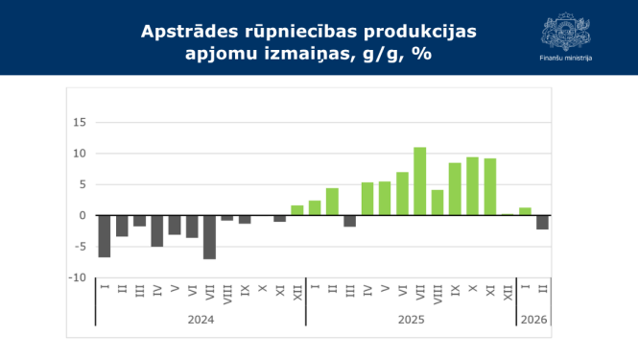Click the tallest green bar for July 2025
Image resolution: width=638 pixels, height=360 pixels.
419,181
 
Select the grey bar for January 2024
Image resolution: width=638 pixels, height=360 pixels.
104,236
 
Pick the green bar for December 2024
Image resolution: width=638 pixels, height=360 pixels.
297,210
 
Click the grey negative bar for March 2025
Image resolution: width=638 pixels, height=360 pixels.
349,221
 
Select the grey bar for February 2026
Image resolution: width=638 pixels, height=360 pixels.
542,222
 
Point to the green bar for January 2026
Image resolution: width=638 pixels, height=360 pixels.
525,211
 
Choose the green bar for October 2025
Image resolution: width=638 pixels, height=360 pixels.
472,186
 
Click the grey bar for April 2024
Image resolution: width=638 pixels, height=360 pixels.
156,230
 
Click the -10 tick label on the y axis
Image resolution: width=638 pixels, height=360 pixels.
79,277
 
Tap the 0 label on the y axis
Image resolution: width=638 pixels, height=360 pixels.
83,216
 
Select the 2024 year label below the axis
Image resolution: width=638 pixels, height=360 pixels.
201,319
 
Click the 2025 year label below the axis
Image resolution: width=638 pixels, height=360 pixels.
411,319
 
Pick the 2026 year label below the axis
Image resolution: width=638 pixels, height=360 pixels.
533,319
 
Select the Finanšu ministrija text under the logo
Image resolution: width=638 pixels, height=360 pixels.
565,59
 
